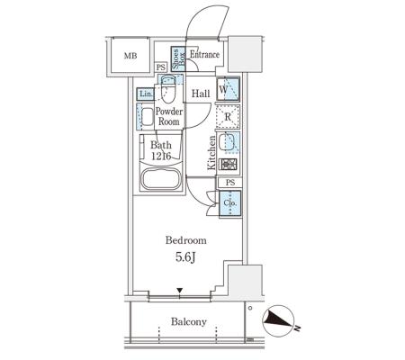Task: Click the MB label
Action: coord(130,56)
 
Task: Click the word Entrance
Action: coord(204,55)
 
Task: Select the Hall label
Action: coord(201,94)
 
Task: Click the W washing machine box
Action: coord(228,89)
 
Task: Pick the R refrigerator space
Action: coord(228,117)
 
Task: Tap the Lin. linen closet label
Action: coord(146,94)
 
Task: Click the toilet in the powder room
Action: coord(168,89)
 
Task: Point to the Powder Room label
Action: coord(169,117)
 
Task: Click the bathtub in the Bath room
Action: coord(161,179)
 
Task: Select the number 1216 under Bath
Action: coord(161,157)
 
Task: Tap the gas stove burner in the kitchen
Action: coord(229,165)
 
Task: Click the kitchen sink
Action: coord(228,143)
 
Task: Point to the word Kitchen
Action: coord(211,153)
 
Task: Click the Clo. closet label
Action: coord(230,203)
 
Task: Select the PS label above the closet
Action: coord(230,183)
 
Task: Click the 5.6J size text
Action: coord(185,257)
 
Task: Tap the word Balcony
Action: coord(189,322)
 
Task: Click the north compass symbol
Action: coord(279,320)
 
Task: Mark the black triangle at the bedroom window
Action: coord(180,291)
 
